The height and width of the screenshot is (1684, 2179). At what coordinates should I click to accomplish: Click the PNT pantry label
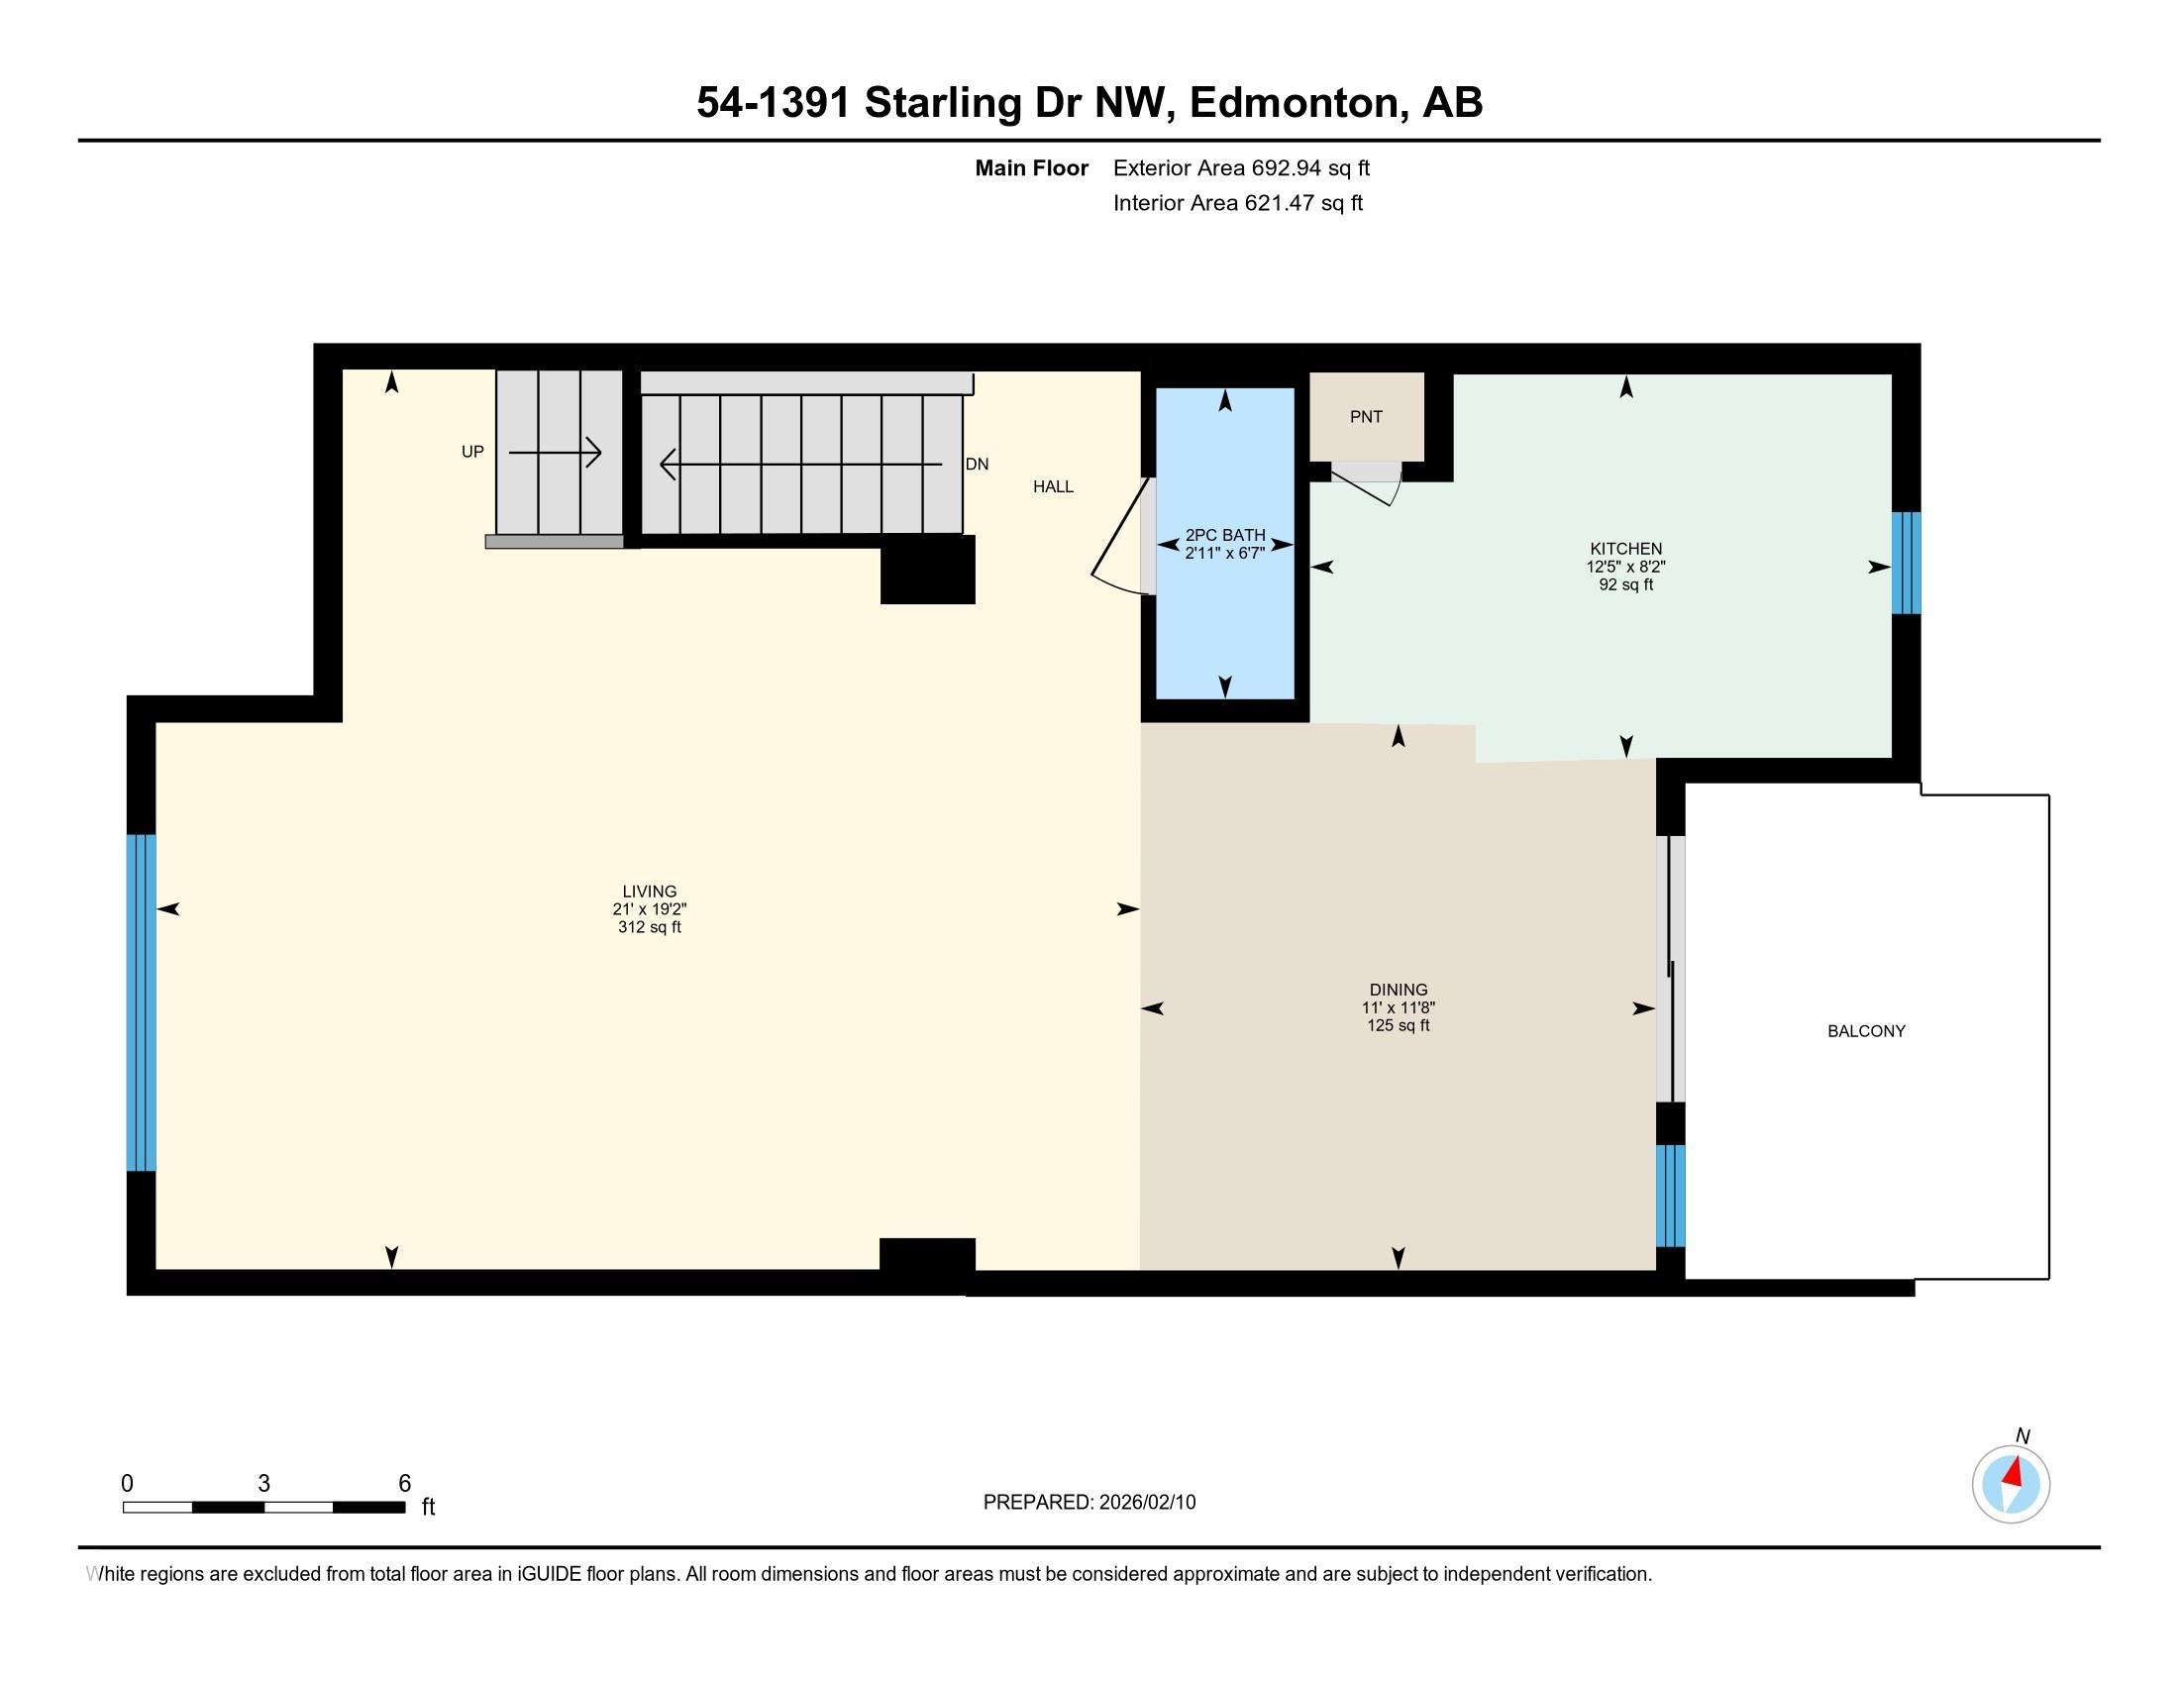1366,417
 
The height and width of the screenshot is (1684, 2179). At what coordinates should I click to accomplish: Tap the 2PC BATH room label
1225,535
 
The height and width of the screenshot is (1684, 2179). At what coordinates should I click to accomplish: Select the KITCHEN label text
1626,549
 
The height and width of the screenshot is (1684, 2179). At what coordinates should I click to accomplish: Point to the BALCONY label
1867,1031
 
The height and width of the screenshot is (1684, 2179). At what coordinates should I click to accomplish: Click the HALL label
1054,486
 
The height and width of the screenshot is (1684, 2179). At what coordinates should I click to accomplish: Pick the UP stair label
472,452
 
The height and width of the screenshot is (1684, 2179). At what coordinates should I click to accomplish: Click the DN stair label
977,464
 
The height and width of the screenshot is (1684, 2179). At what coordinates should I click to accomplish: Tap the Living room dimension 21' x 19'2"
650,909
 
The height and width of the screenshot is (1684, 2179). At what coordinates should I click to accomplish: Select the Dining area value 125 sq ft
1399,1025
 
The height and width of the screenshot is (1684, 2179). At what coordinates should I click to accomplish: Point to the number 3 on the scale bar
264,1484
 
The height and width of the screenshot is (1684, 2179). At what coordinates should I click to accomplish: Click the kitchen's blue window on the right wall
1906,564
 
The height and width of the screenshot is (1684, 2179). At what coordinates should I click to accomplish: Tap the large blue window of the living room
142,1002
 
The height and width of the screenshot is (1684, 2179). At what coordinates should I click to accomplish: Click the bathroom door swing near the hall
1122,539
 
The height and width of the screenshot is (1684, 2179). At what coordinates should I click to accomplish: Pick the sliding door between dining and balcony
1671,969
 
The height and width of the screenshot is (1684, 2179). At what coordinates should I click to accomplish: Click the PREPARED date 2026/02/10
1147,1503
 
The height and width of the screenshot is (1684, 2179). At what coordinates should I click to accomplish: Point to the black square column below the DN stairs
928,570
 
